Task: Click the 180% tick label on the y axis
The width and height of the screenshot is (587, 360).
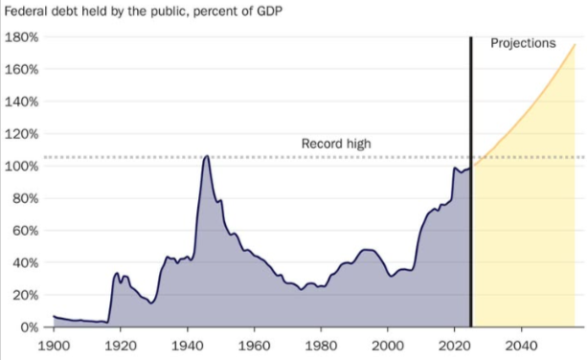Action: pyautogui.click(x=21, y=37)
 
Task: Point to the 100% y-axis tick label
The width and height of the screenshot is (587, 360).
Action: pyautogui.click(x=21, y=166)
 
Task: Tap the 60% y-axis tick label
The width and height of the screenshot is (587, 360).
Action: pyautogui.click(x=24, y=231)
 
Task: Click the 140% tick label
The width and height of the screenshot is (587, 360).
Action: pyautogui.click(x=21, y=101)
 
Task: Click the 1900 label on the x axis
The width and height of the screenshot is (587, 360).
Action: pyautogui.click(x=54, y=343)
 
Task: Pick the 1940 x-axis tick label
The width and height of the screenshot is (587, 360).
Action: pyautogui.click(x=187, y=343)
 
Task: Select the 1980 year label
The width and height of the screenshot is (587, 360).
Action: pyautogui.click(x=320, y=343)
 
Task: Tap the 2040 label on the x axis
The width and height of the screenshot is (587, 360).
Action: pyautogui.click(x=520, y=343)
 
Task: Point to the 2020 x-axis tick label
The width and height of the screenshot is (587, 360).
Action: pyautogui.click(x=454, y=343)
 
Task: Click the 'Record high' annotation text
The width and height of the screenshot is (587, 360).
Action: pyautogui.click(x=336, y=144)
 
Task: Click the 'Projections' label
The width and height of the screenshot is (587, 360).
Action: pyautogui.click(x=523, y=44)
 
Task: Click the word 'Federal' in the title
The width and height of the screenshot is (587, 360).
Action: pyautogui.click(x=27, y=11)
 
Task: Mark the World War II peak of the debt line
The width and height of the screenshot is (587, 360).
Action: pyautogui.click(x=206, y=156)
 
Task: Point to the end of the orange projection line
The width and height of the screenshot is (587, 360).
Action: pyautogui.click(x=575, y=45)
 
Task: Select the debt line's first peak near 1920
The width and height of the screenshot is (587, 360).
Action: pyautogui.click(x=117, y=274)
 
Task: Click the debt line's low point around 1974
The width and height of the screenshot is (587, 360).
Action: pyautogui.click(x=301, y=289)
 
